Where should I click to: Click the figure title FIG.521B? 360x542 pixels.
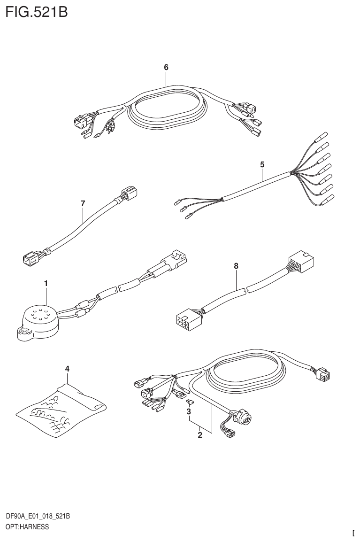click(36, 12)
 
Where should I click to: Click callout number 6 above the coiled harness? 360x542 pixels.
click(166, 68)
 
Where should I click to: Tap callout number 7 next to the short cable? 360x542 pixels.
click(83, 203)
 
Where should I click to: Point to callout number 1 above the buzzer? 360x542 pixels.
click(46, 283)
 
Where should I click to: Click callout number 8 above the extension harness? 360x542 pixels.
click(236, 266)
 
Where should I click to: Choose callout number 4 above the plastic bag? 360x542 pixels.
click(67, 369)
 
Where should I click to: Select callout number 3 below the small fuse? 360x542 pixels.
click(189, 412)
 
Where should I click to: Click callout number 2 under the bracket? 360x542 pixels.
click(200, 435)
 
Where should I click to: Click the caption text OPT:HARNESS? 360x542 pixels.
click(27, 527)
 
